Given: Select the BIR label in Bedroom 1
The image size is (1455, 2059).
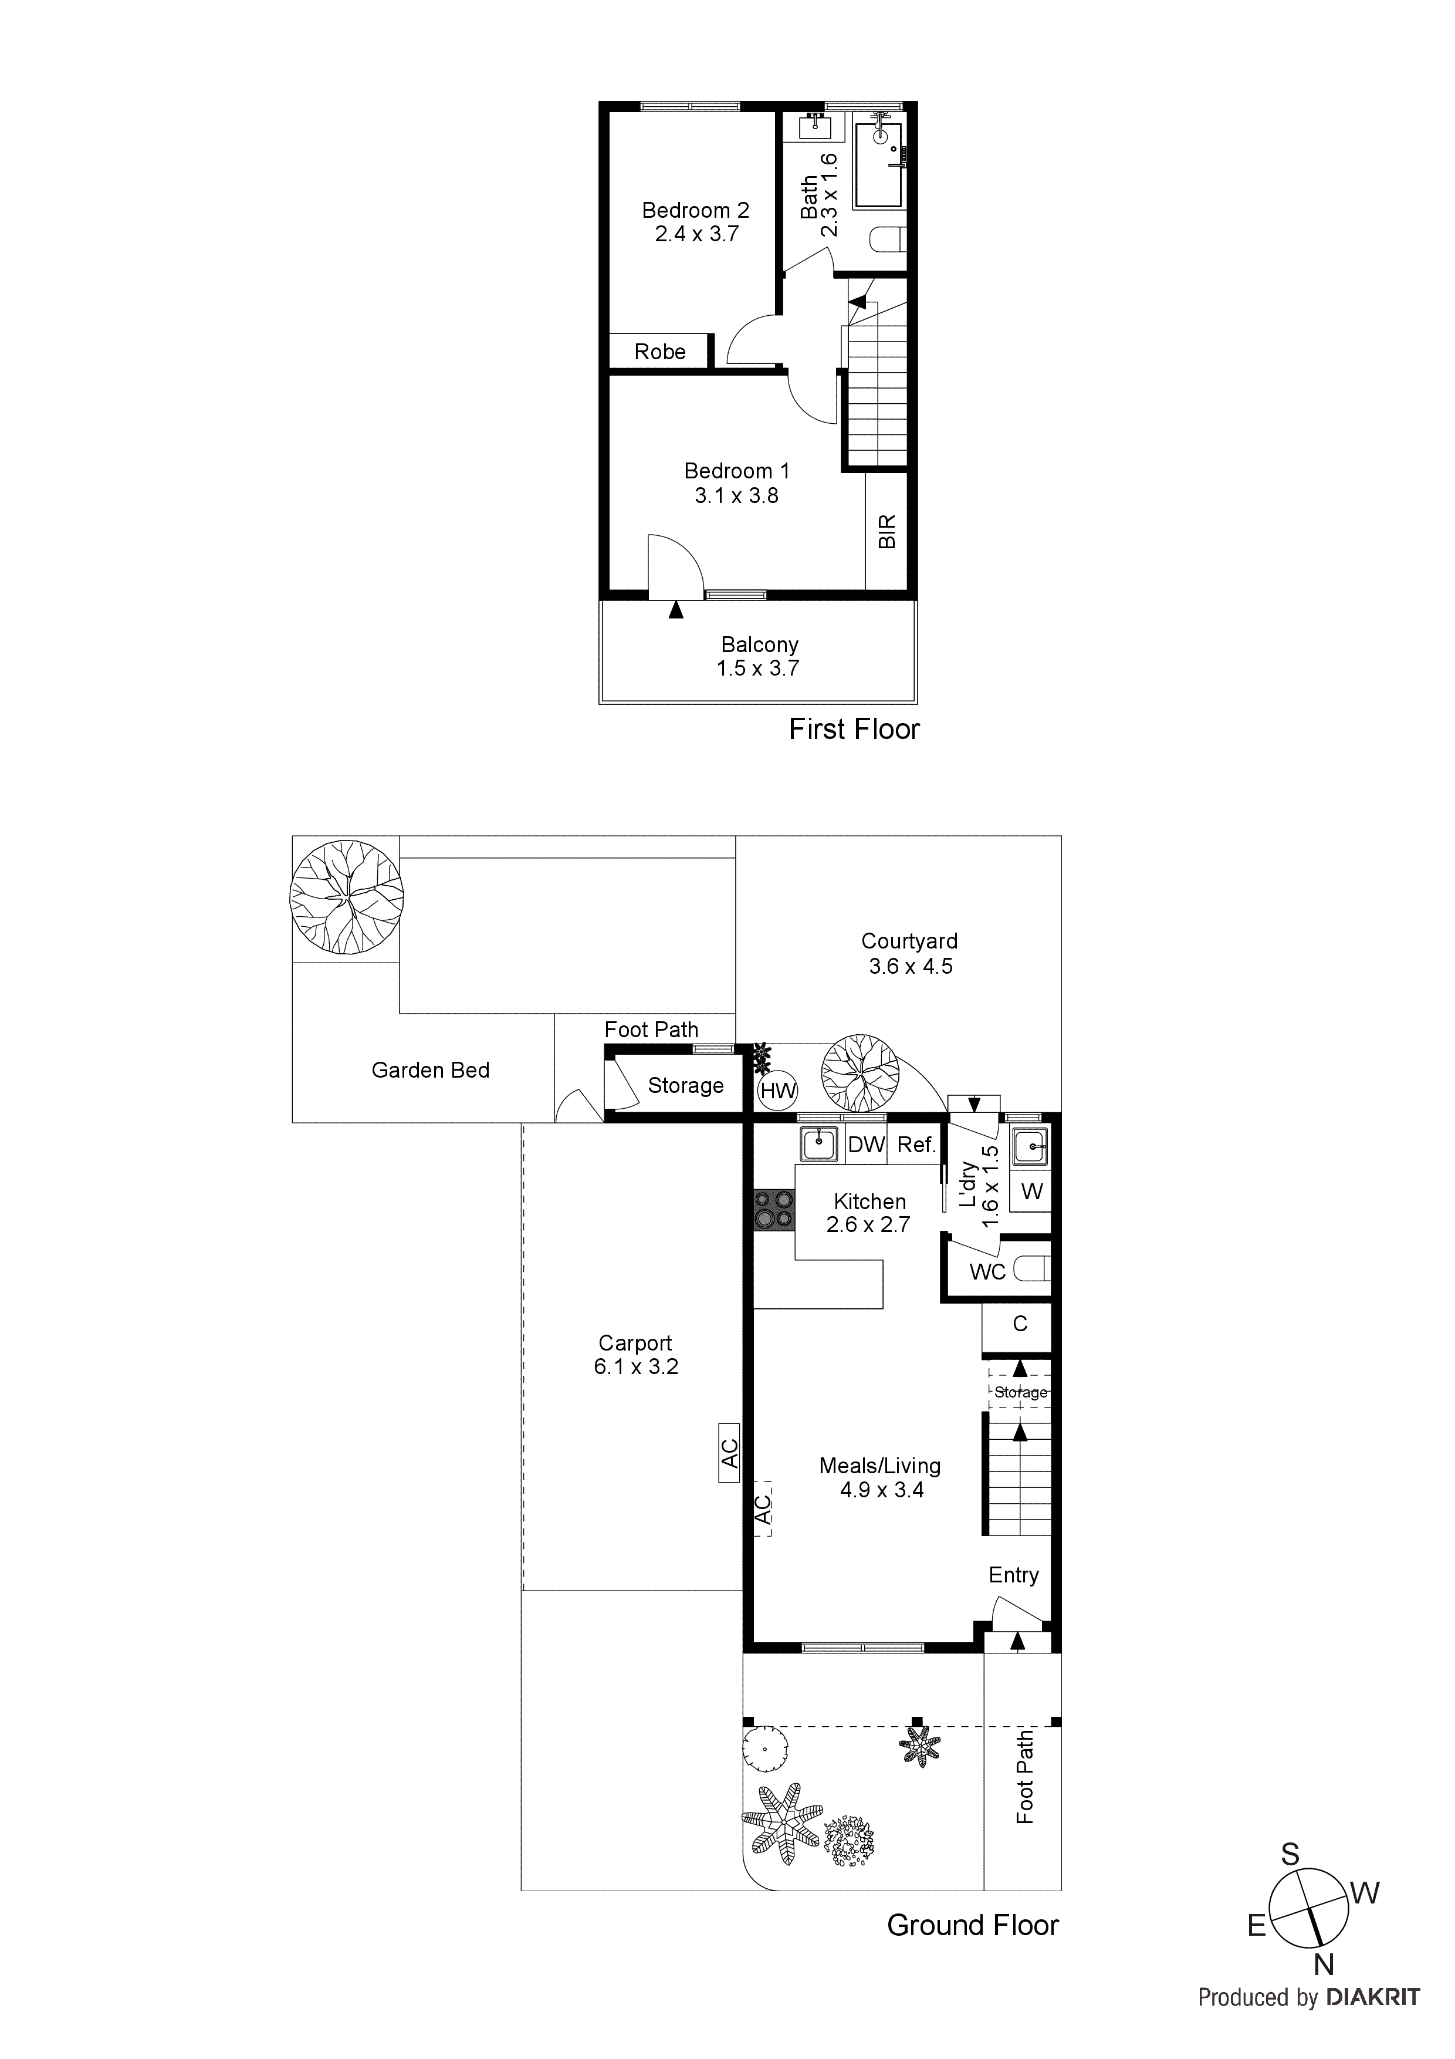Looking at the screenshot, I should pyautogui.click(x=886, y=532).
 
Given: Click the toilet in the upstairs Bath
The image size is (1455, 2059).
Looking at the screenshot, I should pyautogui.click(x=888, y=240).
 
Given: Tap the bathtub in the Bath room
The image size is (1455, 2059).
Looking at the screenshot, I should pyautogui.click(x=878, y=166).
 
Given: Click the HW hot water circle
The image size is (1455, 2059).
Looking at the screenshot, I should pyautogui.click(x=777, y=1091).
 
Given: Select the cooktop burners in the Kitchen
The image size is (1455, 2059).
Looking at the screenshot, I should pyautogui.click(x=774, y=1209).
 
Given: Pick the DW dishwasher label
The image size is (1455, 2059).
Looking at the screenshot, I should pyautogui.click(x=866, y=1145).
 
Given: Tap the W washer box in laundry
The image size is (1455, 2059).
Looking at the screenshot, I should pyautogui.click(x=1032, y=1192).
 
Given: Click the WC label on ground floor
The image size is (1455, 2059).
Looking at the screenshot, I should pyautogui.click(x=987, y=1272).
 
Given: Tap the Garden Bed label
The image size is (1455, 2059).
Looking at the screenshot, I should pyautogui.click(x=430, y=1070).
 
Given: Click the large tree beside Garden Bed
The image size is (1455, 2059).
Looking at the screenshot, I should pyautogui.click(x=346, y=897).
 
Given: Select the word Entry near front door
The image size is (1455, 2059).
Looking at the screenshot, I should pyautogui.click(x=1013, y=1575).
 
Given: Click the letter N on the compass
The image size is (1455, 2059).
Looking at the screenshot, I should pyautogui.click(x=1323, y=1965).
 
